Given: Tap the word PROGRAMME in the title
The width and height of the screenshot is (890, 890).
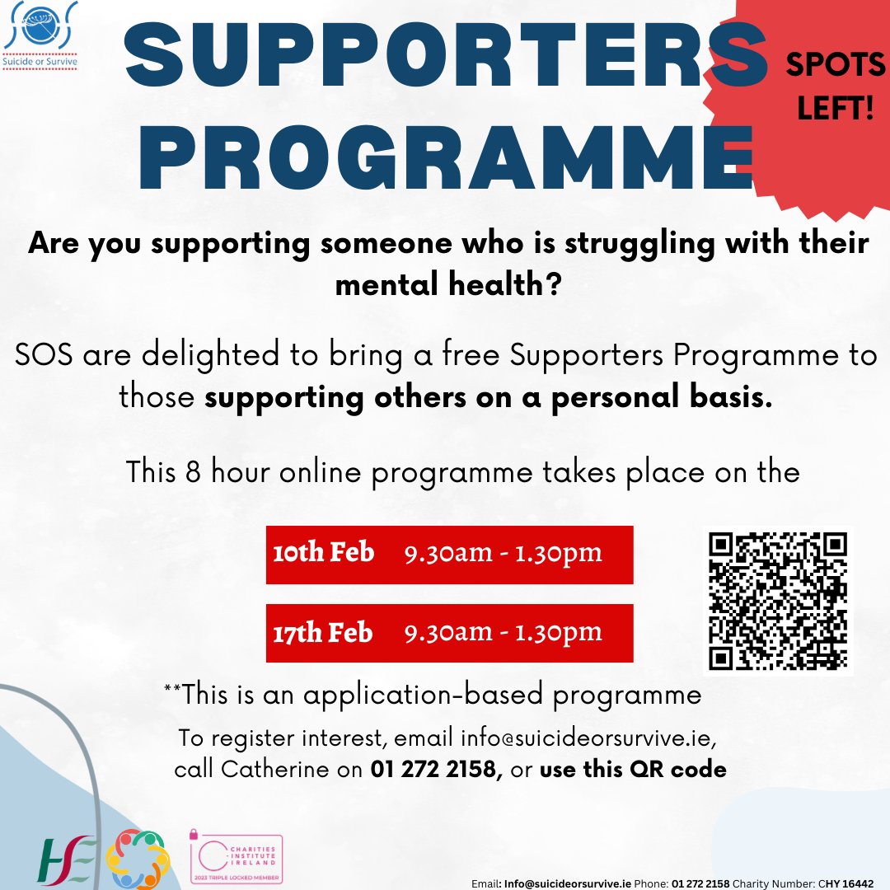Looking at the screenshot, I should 445,157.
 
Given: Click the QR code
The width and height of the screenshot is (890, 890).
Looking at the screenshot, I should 779,601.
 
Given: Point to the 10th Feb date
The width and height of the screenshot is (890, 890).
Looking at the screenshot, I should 323,553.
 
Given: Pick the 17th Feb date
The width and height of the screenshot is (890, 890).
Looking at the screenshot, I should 322,632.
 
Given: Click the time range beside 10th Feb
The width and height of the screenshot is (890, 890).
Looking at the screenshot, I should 503,553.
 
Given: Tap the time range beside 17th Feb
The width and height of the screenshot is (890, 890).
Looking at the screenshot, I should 503,632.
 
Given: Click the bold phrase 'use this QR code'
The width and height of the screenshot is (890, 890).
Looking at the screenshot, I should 633,770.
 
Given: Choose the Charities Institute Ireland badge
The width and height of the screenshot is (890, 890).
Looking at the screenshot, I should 237,857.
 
